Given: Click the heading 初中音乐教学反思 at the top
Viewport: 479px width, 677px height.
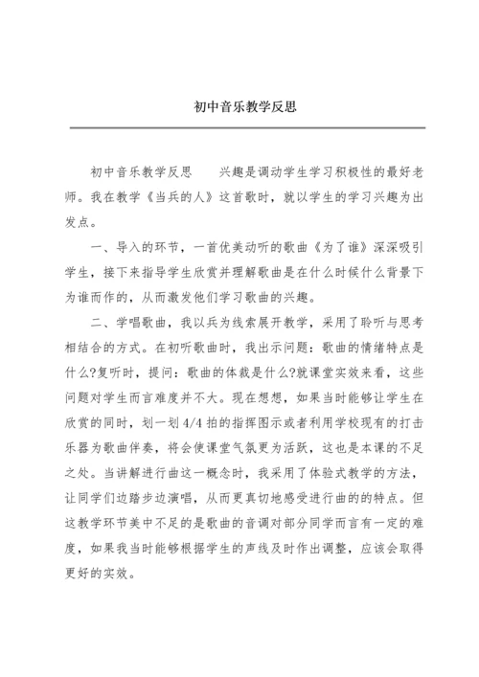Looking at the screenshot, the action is pyautogui.click(x=239, y=107).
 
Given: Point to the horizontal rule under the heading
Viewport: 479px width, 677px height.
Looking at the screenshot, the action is pyautogui.click(x=239, y=126).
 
